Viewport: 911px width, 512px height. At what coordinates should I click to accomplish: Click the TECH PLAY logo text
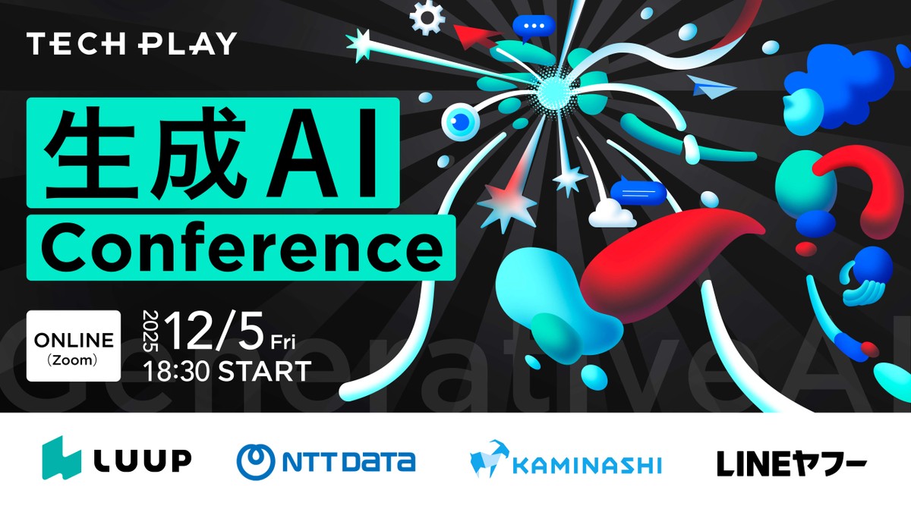131,43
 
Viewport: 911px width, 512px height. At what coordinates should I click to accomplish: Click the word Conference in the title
241,249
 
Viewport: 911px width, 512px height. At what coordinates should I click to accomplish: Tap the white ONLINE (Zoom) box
74,346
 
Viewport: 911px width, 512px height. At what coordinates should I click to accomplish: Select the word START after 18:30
265,372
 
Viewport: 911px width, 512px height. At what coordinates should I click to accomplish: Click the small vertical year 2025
151,331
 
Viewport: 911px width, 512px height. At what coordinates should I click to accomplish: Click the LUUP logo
117,458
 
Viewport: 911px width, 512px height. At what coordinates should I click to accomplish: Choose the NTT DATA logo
326,462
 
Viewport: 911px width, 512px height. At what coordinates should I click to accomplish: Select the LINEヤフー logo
791,463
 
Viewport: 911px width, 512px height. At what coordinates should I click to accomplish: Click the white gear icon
427,17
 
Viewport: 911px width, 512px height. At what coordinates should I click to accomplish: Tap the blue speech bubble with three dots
533,27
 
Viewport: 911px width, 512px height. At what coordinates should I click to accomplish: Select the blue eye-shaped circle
460,121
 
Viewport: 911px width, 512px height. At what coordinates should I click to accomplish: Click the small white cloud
612,214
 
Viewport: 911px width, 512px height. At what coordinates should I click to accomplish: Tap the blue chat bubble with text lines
638,192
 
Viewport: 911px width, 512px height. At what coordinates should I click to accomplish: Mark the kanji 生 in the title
90,152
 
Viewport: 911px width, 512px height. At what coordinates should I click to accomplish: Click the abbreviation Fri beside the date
283,342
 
